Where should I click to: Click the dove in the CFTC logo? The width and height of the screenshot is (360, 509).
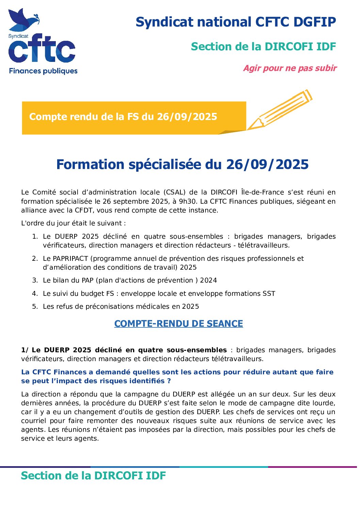(22, 20)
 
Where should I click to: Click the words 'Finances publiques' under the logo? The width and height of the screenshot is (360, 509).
(43, 71)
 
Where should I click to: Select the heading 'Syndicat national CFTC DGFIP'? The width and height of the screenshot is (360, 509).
(235, 22)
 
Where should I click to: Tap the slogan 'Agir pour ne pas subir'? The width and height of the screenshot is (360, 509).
(290, 68)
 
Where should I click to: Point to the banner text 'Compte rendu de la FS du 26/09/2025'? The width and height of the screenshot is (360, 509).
(123, 117)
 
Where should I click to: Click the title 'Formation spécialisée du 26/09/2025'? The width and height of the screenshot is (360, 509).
(182, 165)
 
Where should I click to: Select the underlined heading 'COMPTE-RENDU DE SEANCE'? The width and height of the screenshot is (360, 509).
(179, 324)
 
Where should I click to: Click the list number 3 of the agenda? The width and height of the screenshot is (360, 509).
(35, 281)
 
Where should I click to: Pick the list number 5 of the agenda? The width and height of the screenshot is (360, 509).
(35, 307)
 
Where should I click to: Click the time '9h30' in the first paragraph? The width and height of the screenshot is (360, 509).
(189, 202)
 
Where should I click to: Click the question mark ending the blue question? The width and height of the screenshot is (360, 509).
(169, 381)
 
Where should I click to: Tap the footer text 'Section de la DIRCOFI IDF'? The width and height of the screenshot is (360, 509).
(93, 476)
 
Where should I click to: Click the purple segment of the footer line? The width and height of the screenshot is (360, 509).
(313, 467)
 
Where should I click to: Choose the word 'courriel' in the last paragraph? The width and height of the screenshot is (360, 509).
(33, 421)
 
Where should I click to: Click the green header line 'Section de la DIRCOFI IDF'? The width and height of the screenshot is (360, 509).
(263, 47)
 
